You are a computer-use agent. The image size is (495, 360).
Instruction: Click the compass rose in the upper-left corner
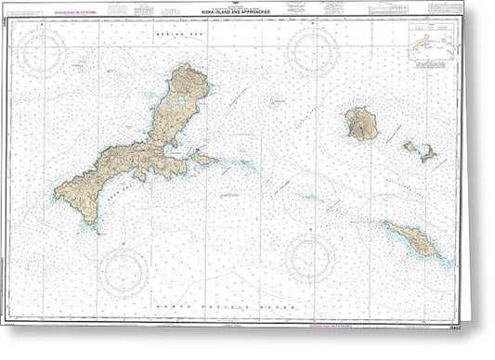tap(44, 50)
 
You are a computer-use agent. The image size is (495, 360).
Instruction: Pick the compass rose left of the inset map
tap(312, 51)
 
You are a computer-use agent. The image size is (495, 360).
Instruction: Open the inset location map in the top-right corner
tap(431, 45)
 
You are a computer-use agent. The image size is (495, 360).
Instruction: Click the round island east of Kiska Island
tap(360, 122)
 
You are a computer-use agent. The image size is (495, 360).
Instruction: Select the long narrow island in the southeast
tap(417, 242)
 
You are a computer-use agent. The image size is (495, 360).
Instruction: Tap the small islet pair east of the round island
tap(420, 150)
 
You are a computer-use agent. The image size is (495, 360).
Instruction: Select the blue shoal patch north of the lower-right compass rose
tap(310, 198)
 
